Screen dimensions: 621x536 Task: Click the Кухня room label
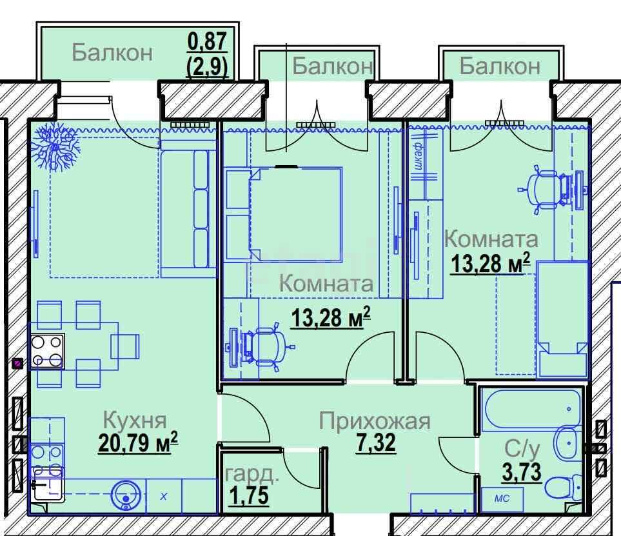click(x=135, y=421)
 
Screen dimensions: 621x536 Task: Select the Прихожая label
click(x=375, y=421)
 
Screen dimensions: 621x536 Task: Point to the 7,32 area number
click(x=376, y=442)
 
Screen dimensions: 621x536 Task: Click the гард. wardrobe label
click(x=252, y=474)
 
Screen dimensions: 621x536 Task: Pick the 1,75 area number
click(x=250, y=495)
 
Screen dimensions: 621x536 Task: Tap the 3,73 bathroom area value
click(x=522, y=472)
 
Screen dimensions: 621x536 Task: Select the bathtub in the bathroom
click(x=531, y=409)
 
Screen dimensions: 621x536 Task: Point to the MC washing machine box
click(x=502, y=499)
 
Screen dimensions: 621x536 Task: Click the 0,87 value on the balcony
click(x=207, y=41)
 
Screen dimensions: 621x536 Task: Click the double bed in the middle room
click(x=295, y=214)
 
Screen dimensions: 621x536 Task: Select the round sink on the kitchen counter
click(x=126, y=496)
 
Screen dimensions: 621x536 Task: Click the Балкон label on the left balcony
click(x=112, y=52)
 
